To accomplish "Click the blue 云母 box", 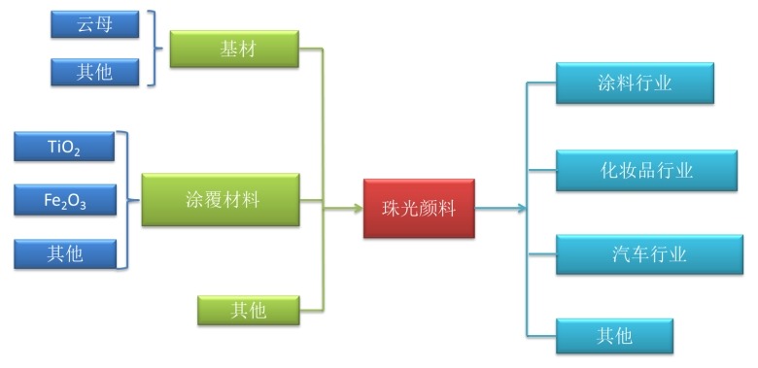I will tap(94, 24).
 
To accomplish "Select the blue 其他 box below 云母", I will tap(94, 71).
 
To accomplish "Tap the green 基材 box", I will tap(234, 49).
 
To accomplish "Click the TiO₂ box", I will tap(64, 147).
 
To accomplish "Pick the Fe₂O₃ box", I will tap(64, 200).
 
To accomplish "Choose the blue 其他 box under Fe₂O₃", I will tap(64, 253).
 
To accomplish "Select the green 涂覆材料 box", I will tap(221, 200).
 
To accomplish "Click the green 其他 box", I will tap(248, 310).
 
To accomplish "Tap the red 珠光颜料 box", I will tap(419, 208).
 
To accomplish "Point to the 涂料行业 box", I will tap(635, 84).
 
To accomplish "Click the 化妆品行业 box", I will tap(646, 171).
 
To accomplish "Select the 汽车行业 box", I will tap(649, 254).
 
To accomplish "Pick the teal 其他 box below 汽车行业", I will tap(614, 336).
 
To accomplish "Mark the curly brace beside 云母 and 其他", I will tap(153, 49).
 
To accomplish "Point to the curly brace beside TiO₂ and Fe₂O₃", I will tap(124, 200).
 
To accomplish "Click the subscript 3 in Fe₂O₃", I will tap(85, 206).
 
